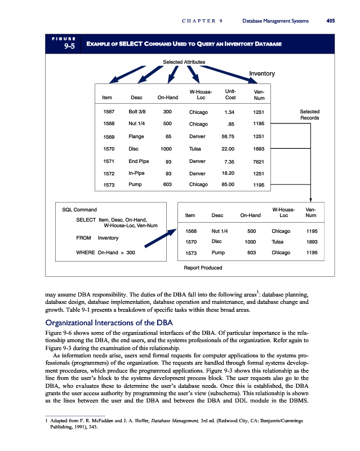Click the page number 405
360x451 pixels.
330,21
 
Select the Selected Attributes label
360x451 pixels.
184,61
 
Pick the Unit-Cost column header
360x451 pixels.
230,94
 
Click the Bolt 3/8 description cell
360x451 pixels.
137,112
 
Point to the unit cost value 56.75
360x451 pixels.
228,136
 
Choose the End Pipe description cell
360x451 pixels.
139,161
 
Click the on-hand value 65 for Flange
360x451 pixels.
168,136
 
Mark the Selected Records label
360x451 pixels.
309,114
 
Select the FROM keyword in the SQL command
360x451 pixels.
83,238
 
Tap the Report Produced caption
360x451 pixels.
203,267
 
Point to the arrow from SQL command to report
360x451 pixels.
159,237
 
